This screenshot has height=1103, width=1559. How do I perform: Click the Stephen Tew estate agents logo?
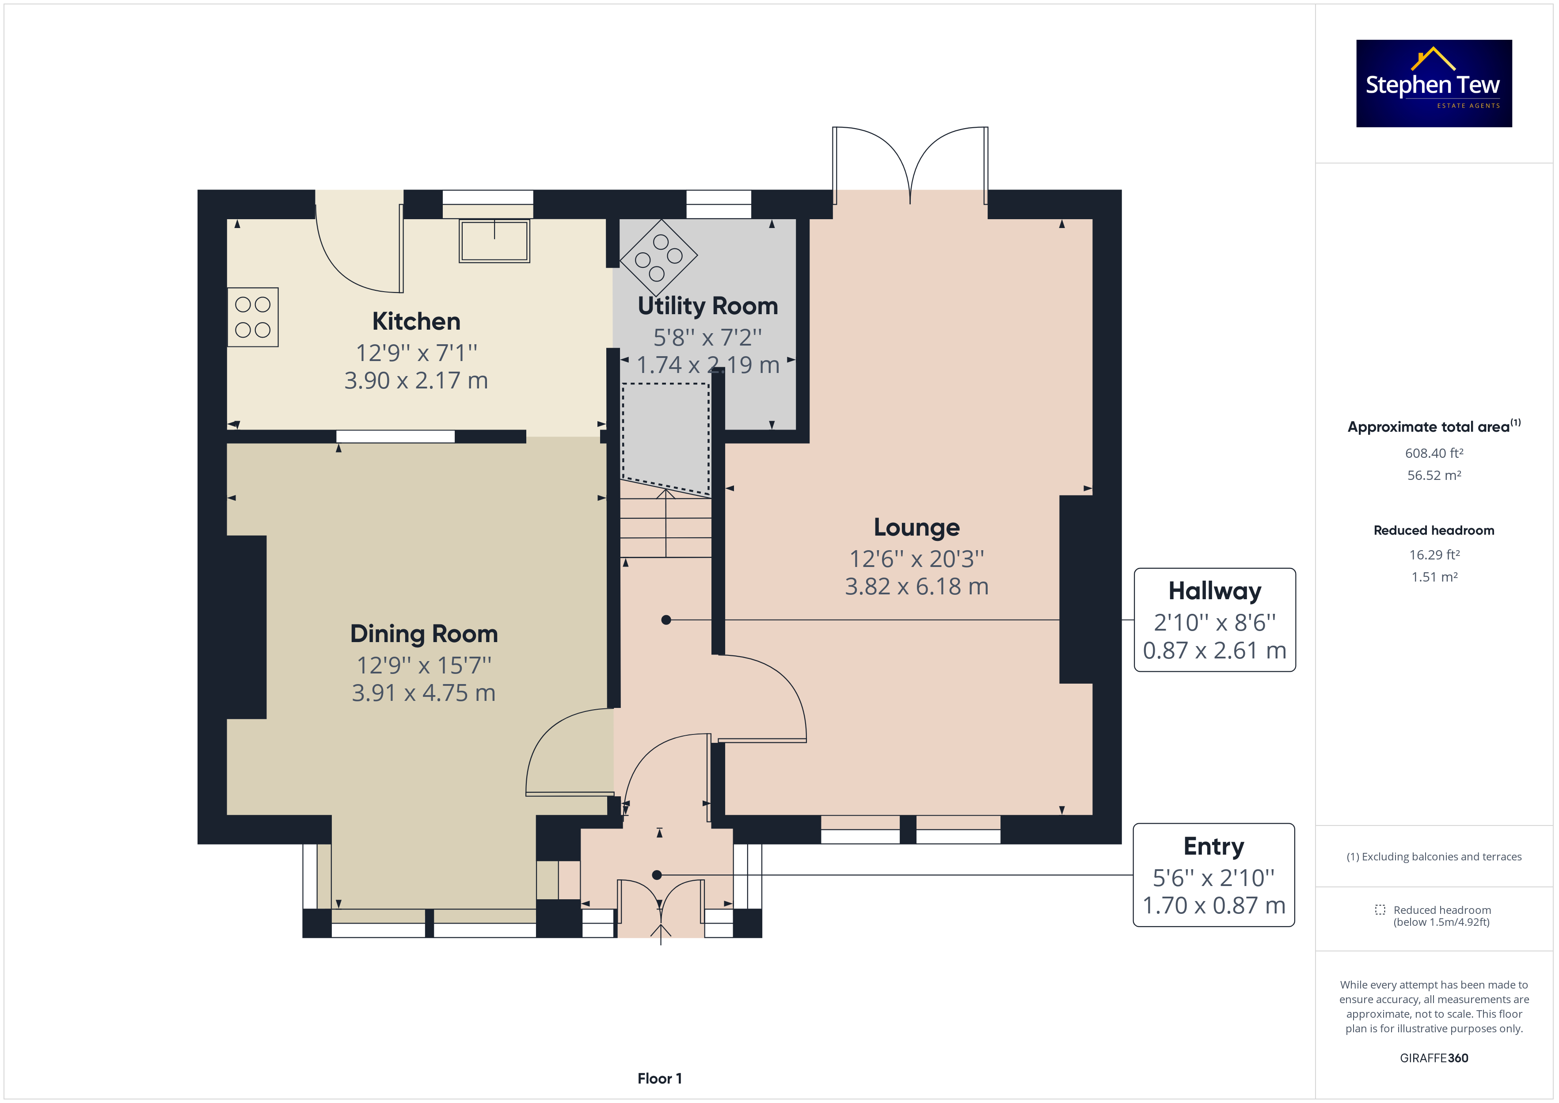pyautogui.click(x=1434, y=83)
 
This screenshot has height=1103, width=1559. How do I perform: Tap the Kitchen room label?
pyautogui.click(x=416, y=321)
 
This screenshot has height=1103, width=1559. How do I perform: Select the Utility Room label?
pyautogui.click(x=707, y=306)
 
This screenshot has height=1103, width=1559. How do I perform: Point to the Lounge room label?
pyautogui.click(x=916, y=527)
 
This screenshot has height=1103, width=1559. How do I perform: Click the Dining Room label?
pyautogui.click(x=424, y=634)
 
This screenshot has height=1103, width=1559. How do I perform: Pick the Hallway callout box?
pyautogui.click(x=1215, y=620)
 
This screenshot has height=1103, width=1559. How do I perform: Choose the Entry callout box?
pyautogui.click(x=1214, y=875)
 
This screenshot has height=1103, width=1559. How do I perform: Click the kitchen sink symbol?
pyautogui.click(x=494, y=240)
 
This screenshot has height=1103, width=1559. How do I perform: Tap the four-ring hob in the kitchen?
pyautogui.click(x=253, y=317)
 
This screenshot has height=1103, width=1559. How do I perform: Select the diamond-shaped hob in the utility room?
pyautogui.click(x=658, y=258)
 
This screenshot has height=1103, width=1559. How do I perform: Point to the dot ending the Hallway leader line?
pyautogui.click(x=666, y=620)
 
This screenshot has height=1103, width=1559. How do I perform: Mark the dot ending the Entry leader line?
pyautogui.click(x=657, y=875)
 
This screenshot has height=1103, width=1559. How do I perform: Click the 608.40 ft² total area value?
pyautogui.click(x=1434, y=453)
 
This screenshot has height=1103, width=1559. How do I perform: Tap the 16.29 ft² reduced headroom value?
pyautogui.click(x=1434, y=555)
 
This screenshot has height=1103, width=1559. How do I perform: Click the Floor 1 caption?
pyautogui.click(x=659, y=1079)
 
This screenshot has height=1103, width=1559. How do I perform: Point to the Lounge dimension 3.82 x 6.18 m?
pyautogui.click(x=916, y=586)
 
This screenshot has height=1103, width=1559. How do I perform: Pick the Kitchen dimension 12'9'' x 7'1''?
pyautogui.click(x=417, y=353)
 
